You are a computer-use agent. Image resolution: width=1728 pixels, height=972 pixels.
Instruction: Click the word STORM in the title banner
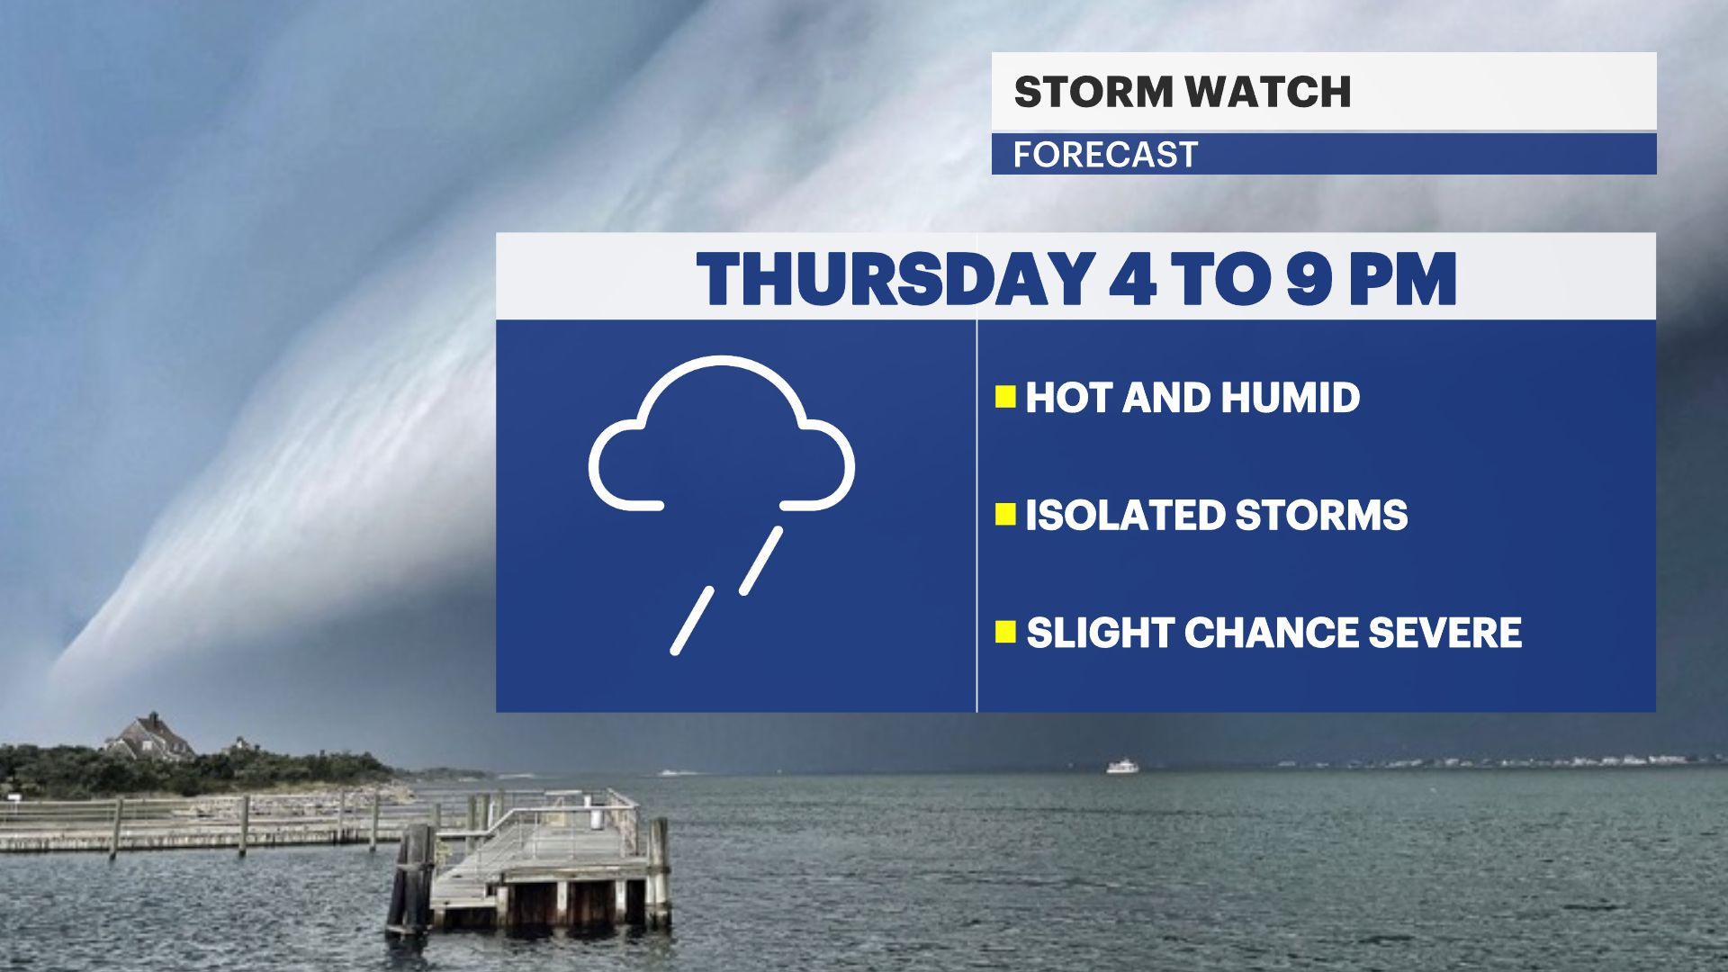pyautogui.click(x=1093, y=92)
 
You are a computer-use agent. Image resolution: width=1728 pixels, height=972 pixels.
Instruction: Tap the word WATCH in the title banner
pyautogui.click(x=1268, y=92)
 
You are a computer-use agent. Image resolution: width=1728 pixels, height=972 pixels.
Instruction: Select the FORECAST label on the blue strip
pyautogui.click(x=1105, y=155)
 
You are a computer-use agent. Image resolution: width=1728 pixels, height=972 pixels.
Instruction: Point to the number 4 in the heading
pyautogui.click(x=1132, y=279)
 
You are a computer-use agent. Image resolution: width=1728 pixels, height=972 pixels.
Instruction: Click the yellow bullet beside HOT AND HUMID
pyautogui.click(x=1005, y=397)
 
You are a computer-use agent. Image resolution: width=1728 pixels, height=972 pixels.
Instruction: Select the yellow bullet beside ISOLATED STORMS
pyautogui.click(x=1005, y=515)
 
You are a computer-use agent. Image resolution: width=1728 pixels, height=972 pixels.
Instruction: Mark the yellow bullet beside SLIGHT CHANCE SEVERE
pyautogui.click(x=1005, y=632)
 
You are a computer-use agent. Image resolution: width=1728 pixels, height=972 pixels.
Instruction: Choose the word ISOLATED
pyautogui.click(x=1126, y=516)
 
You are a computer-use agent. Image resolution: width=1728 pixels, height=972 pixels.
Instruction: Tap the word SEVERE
pyautogui.click(x=1445, y=633)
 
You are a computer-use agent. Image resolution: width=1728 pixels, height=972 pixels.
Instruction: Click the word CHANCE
pyautogui.click(x=1271, y=633)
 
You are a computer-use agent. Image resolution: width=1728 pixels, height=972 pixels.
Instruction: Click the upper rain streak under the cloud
pyautogui.click(x=761, y=561)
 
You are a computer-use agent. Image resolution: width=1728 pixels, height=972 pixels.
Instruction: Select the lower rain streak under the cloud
pyautogui.click(x=692, y=621)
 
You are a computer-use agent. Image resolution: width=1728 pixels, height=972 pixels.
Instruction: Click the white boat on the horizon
pyautogui.click(x=1122, y=767)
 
